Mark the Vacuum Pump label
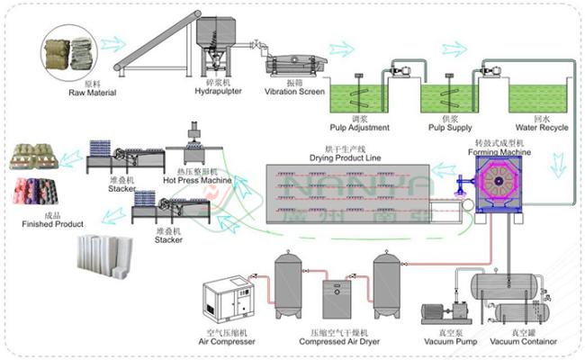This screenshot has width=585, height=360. tap(449, 342)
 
